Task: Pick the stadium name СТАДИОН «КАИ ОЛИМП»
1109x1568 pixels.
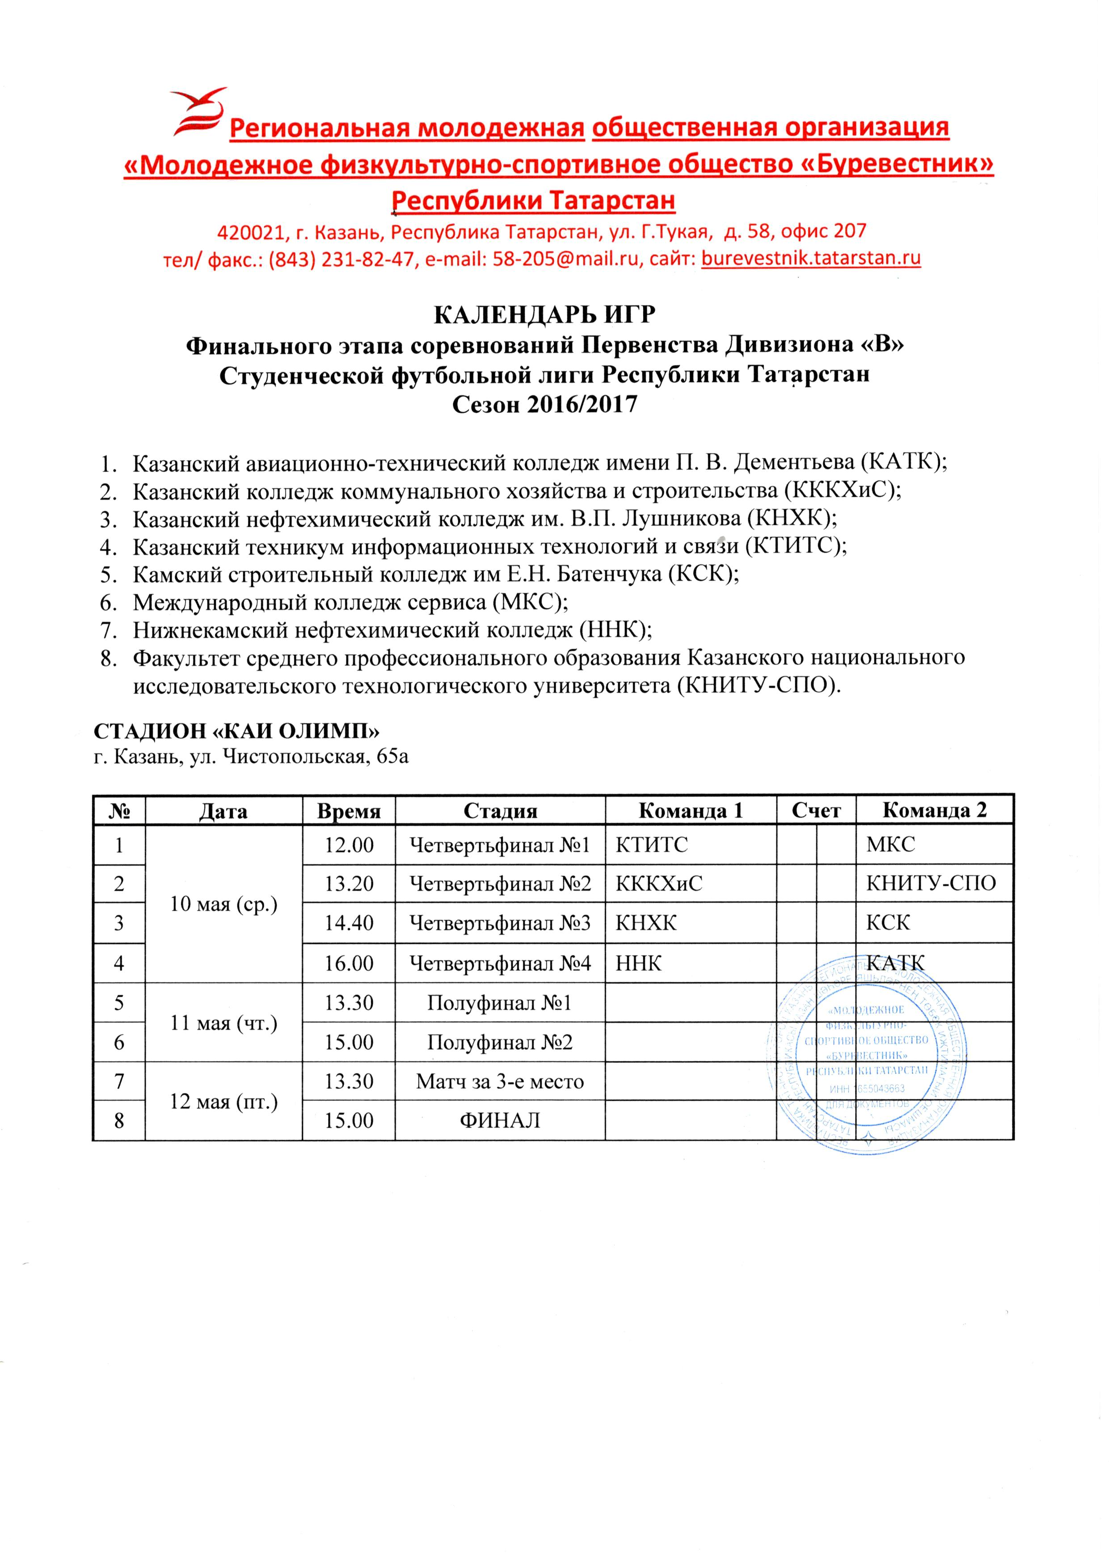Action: click(x=236, y=730)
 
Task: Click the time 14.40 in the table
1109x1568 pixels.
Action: click(x=349, y=923)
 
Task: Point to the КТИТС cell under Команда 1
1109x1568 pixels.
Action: click(x=652, y=845)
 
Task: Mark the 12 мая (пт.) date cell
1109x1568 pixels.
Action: click(x=224, y=1102)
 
